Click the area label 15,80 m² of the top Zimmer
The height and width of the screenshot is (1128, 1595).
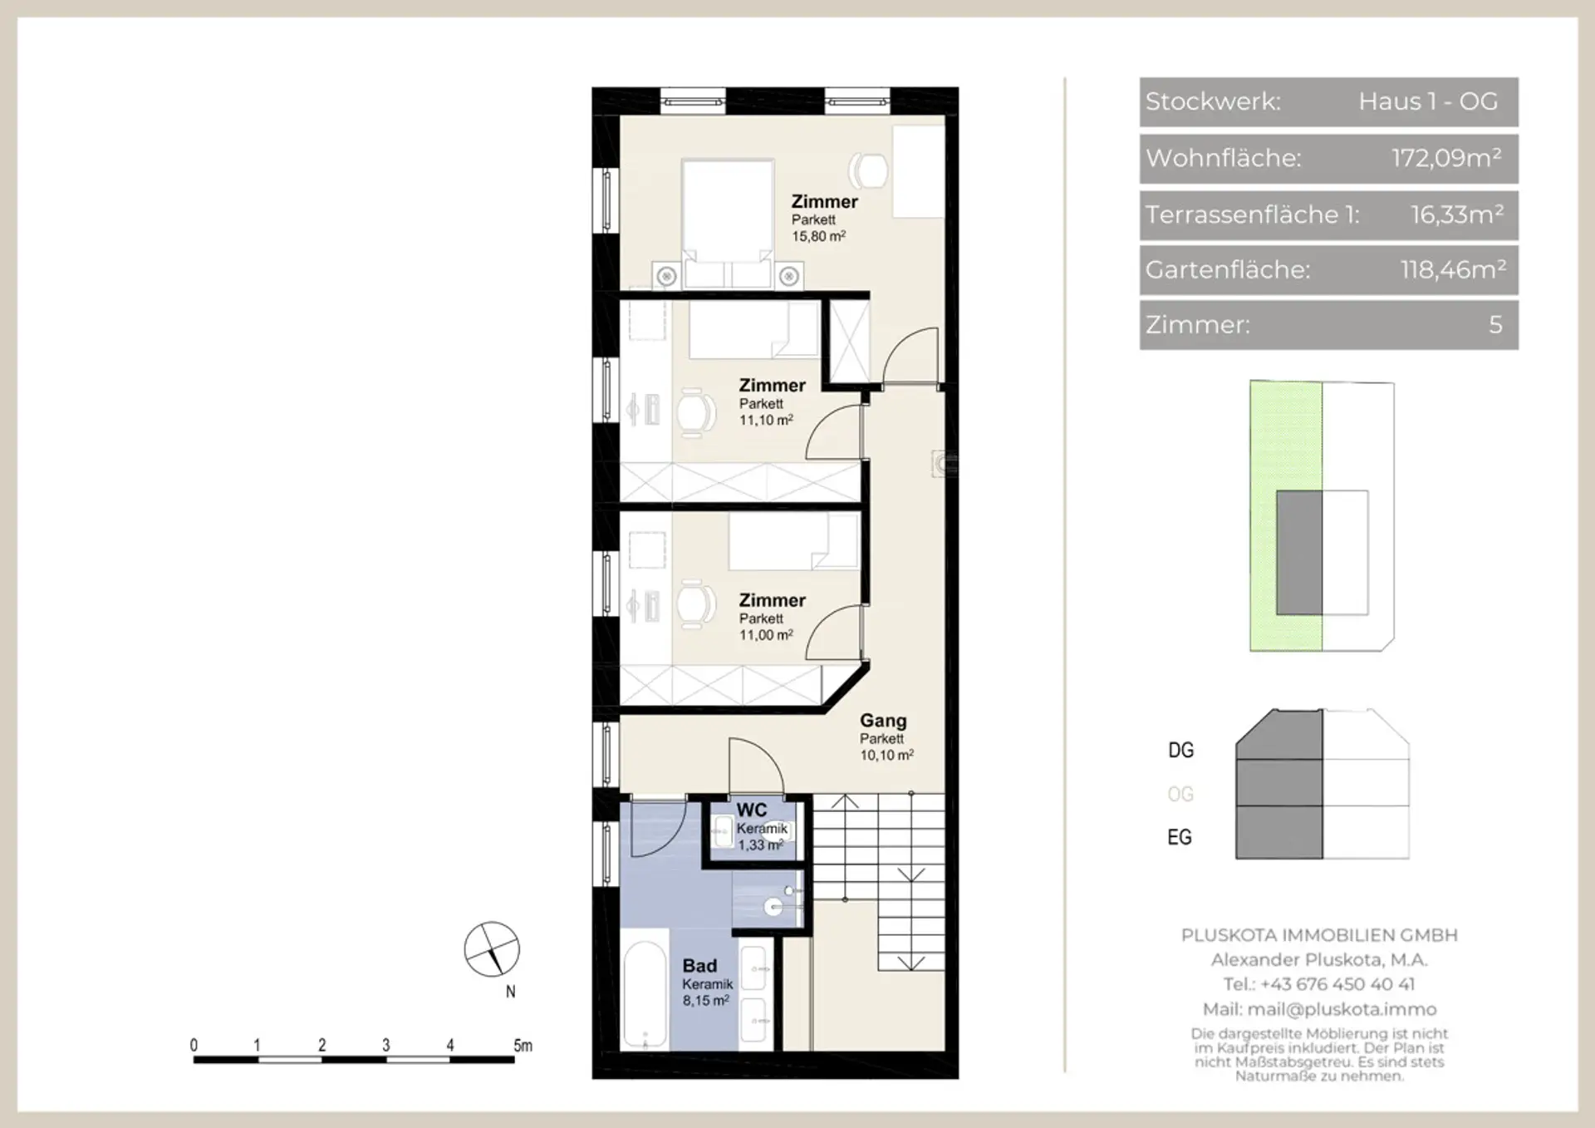click(x=818, y=236)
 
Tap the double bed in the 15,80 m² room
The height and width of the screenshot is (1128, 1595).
click(x=728, y=224)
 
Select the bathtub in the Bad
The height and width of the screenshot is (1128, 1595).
click(x=645, y=994)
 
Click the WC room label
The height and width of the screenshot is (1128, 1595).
click(x=752, y=810)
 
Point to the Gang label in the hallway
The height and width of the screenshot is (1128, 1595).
click(x=883, y=721)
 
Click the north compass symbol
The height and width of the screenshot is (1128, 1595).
click(x=492, y=948)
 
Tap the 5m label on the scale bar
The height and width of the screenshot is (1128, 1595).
click(x=523, y=1046)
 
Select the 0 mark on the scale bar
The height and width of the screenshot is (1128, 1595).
click(x=194, y=1046)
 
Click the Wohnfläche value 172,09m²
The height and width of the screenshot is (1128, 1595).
click(x=1446, y=158)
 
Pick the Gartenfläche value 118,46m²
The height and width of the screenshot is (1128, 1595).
click(x=1453, y=269)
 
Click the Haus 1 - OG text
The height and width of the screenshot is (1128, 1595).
click(x=1428, y=101)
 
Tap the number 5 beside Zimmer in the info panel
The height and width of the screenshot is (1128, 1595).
click(x=1495, y=324)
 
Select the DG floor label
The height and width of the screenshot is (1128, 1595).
click(x=1180, y=750)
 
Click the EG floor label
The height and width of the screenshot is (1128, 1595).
click(x=1180, y=837)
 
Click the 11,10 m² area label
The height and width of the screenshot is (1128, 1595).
click(x=766, y=420)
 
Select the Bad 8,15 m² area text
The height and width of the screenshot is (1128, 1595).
click(x=706, y=1001)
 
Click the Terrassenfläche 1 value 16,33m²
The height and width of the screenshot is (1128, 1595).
click(x=1457, y=214)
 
